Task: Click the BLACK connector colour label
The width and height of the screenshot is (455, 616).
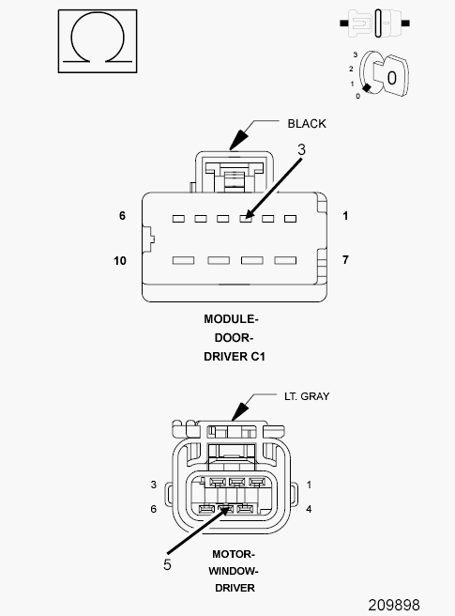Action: coord(307,124)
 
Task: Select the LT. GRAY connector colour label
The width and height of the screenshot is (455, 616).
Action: coord(307,396)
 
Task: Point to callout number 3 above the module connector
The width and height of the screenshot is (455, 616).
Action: coord(301,149)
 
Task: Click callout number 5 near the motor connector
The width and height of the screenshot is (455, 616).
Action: coord(167,564)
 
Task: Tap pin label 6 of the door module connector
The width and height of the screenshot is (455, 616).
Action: coord(123,216)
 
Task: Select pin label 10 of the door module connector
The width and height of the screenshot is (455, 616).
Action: coord(120,261)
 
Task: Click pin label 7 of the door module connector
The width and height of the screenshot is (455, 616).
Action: coord(345,260)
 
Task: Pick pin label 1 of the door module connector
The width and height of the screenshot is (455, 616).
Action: coord(345,216)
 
